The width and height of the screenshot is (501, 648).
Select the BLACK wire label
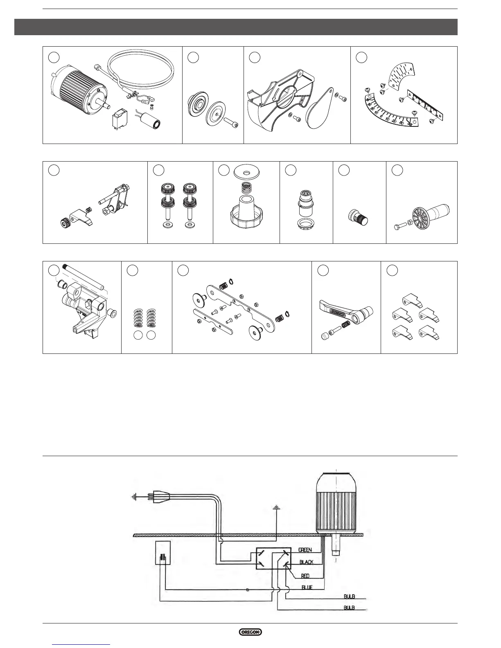(x=306, y=562)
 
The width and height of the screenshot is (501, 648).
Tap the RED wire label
(x=305, y=576)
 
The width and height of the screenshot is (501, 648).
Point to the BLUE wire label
(x=307, y=587)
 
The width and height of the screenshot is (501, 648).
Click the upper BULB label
(x=349, y=597)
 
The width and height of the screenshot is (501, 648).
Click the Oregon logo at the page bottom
(x=250, y=632)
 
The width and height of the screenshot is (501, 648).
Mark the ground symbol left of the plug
(x=134, y=497)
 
